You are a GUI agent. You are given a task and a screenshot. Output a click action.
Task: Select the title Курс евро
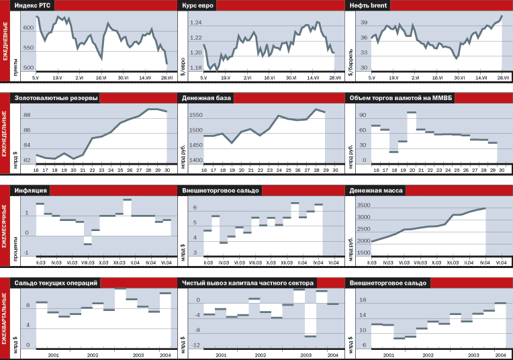pos(199,5)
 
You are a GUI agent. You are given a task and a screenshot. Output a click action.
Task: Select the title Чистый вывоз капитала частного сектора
pos(248,283)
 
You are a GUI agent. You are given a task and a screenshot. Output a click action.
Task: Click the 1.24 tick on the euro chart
pos(195,23)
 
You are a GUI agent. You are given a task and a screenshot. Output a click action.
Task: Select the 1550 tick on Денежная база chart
pos(195,116)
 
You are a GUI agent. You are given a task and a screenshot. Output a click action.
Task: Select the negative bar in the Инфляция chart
pos(87,240)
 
